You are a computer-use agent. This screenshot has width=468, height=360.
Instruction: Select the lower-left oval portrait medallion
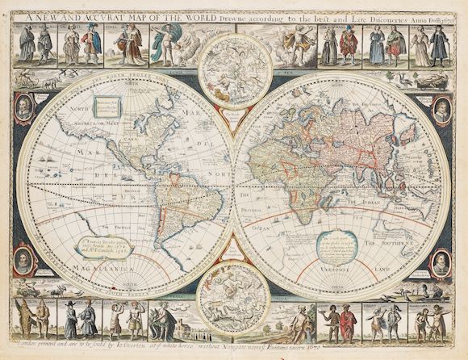(25, 261)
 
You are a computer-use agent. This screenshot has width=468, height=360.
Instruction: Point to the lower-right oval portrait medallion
(441, 262)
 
